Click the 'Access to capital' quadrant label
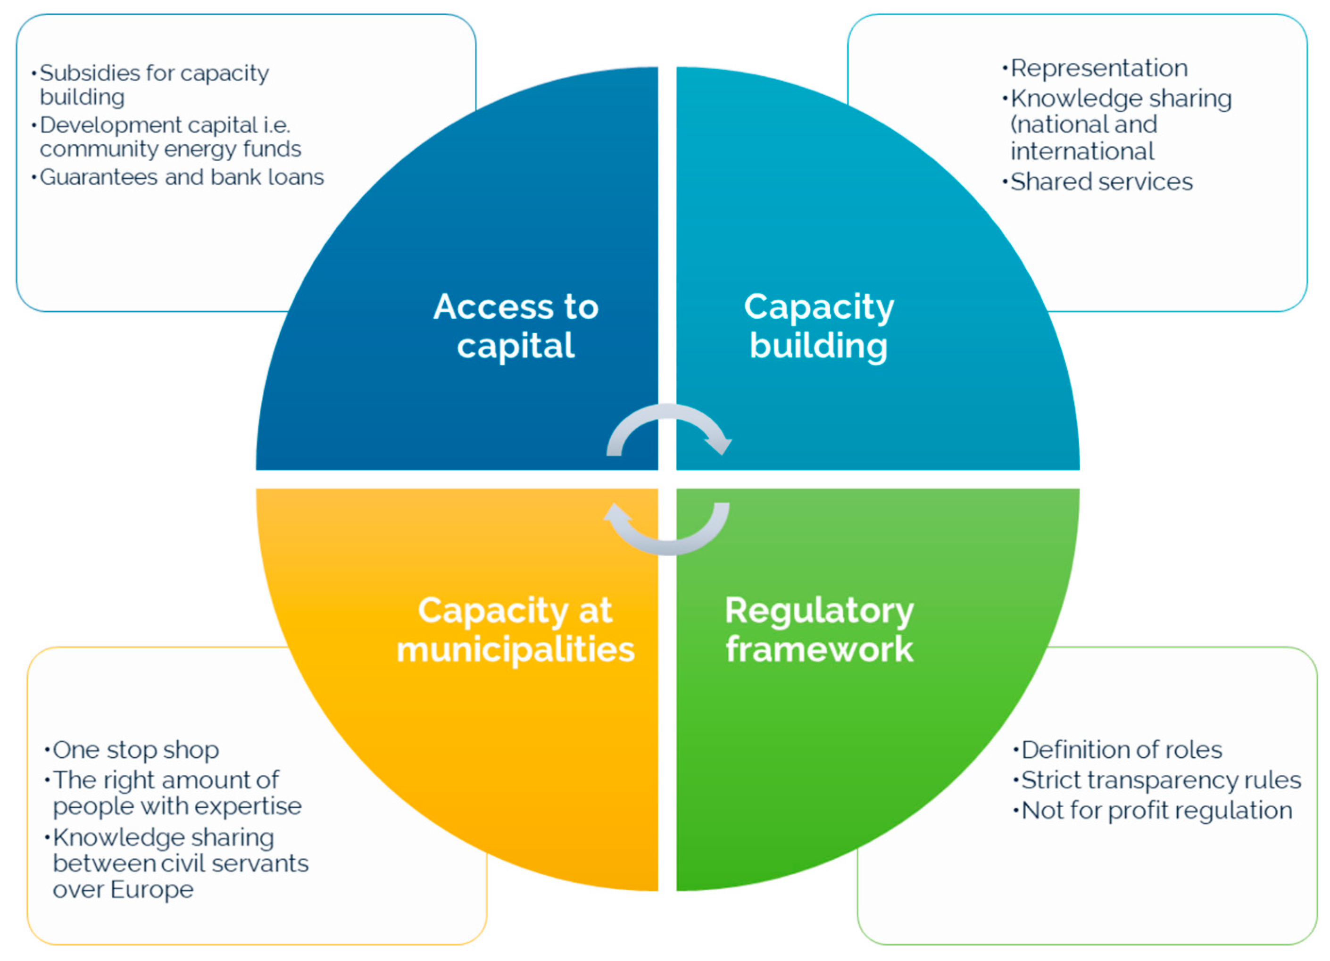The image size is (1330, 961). pos(515,325)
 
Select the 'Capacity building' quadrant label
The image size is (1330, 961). pos(819,325)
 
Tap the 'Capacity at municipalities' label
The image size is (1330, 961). pos(515,629)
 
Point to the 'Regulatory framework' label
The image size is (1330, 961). pos(819,629)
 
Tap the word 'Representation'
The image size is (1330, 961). pos(1099,68)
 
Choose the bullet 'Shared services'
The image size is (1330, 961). pos(1101,182)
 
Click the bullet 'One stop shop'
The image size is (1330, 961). pos(135,750)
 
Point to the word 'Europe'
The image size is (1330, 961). pos(152,889)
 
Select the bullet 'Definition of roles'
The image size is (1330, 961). pos(1121,750)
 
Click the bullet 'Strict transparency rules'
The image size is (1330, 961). pos(1161,780)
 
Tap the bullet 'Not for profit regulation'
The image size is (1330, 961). pos(1156,810)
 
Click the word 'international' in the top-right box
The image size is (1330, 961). pos(1082,151)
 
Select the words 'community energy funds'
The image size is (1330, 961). pos(170,149)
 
